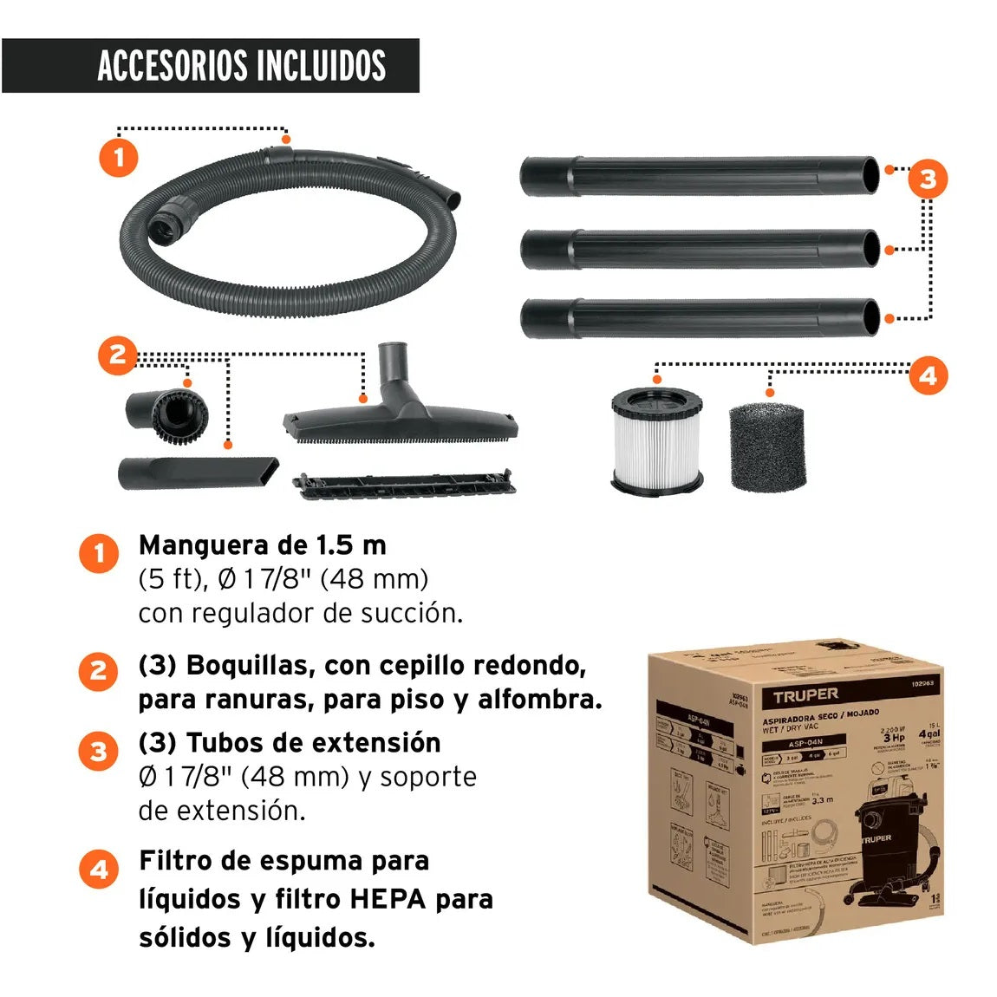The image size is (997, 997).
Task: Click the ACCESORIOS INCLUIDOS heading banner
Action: coord(211,66)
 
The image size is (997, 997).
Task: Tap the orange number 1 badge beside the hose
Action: coord(118,159)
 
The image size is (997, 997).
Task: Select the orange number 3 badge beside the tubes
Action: coord(928,179)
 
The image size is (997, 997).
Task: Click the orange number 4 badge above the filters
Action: coord(928,376)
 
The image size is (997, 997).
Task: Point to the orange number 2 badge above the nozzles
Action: coord(118,355)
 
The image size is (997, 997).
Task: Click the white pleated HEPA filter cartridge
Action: coord(656,440)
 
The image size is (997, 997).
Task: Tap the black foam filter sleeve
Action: coord(767,446)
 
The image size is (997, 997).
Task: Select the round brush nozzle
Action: coord(167,411)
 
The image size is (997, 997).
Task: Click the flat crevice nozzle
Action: coord(199,473)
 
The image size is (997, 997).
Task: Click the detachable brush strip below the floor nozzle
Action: coord(404,484)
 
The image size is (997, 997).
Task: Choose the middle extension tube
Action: coord(700,250)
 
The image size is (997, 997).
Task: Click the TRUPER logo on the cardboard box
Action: coord(805,694)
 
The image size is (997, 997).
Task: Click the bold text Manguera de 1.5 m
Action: coord(262,545)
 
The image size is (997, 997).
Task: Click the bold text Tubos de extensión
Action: coord(290,743)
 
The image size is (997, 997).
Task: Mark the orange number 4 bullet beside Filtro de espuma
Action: coord(99,869)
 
